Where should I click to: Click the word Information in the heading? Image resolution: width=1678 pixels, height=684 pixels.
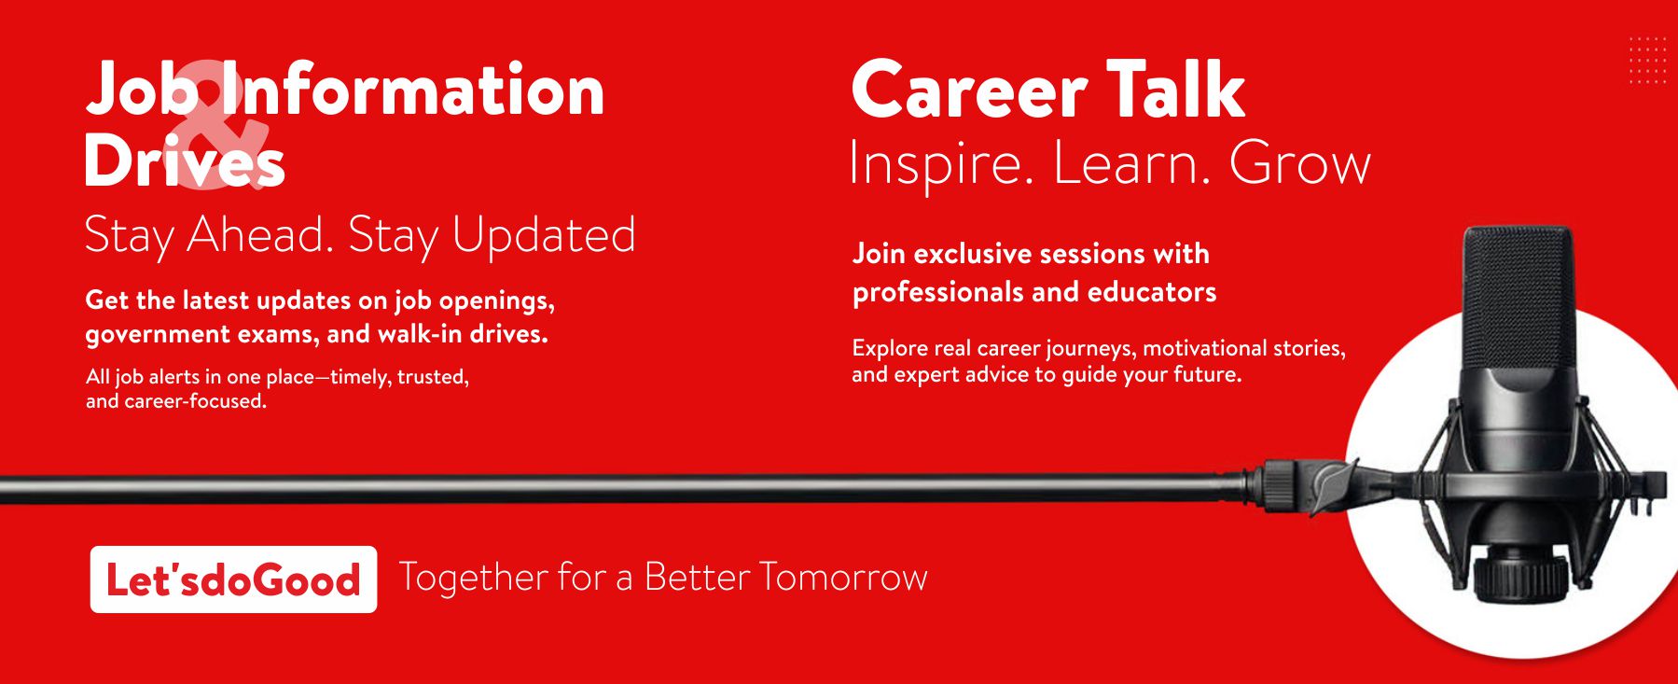coord(411,90)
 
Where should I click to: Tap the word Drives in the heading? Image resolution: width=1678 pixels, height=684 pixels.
coord(185,161)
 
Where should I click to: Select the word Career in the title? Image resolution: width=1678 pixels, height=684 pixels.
coord(969,91)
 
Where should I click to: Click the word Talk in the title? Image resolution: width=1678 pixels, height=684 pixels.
coord(1176,89)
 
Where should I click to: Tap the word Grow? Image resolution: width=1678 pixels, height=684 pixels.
coord(1300,163)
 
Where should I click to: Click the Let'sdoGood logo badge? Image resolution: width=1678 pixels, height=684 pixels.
coord(233,579)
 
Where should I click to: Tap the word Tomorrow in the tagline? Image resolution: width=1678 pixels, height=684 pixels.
coord(843,577)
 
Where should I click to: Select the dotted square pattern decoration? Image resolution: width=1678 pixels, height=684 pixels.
coord(1647,61)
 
